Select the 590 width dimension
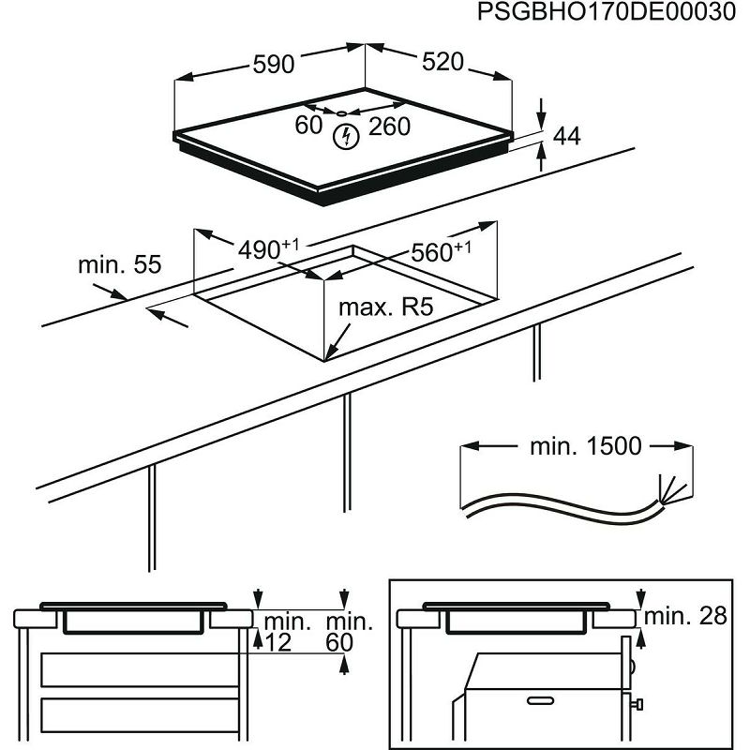click(x=274, y=65)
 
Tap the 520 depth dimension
click(x=442, y=62)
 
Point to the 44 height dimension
click(x=566, y=137)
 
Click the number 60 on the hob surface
click(x=308, y=126)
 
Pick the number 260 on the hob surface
click(x=389, y=127)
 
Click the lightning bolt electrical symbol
click(x=345, y=137)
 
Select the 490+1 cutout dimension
click(x=267, y=249)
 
